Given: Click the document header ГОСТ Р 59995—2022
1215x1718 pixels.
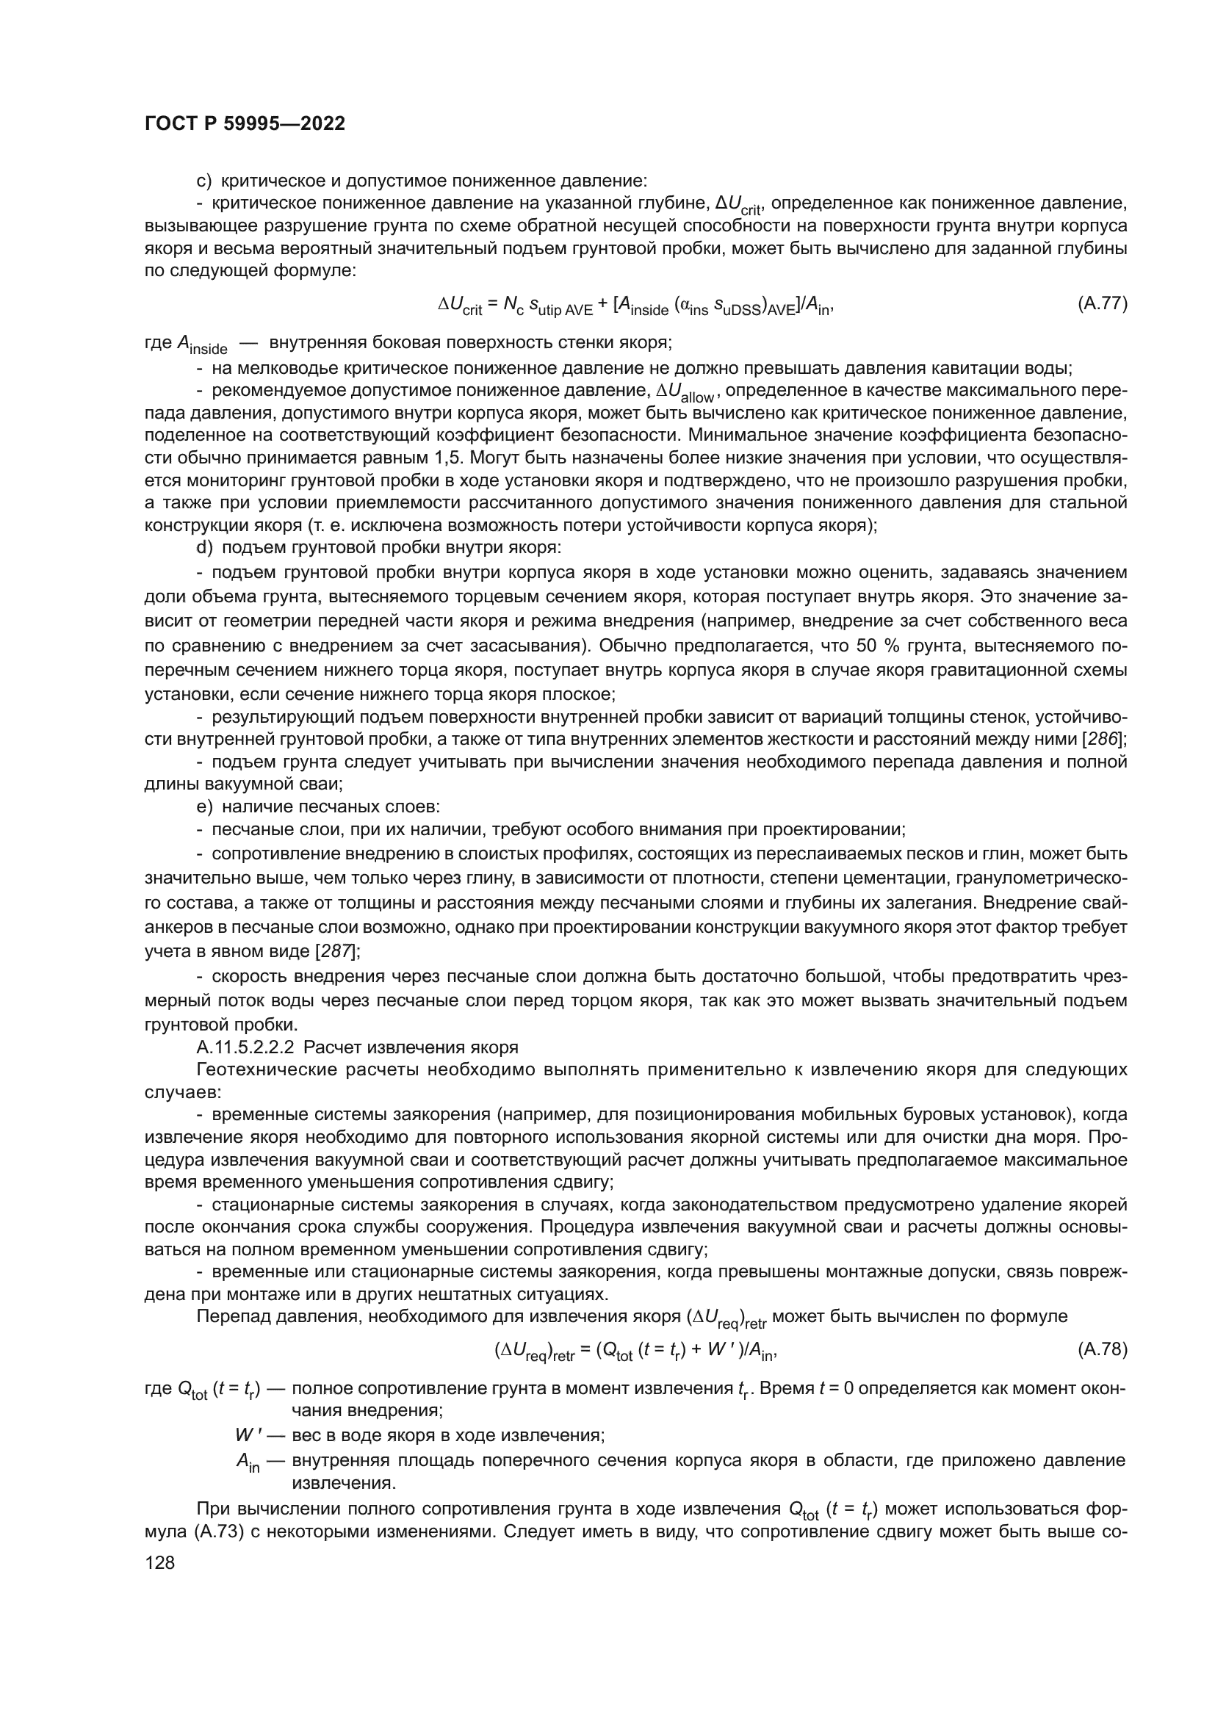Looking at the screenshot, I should point(245,124).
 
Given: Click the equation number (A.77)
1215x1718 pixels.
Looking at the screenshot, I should point(1102,304).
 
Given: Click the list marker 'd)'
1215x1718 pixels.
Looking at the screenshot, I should point(204,547).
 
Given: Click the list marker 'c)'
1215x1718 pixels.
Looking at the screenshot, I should point(204,181).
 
